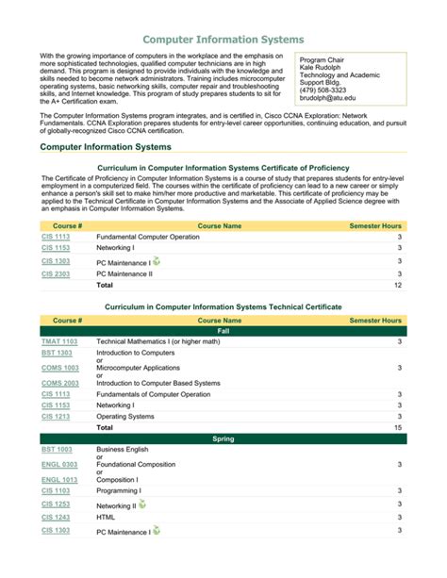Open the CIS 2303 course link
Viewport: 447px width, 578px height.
56,273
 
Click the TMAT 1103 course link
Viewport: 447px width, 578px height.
59,341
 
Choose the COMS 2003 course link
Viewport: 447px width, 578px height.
60,384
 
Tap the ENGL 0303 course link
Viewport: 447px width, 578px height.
59,464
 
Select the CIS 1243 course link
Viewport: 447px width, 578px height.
56,517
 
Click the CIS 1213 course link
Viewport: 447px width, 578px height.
56,416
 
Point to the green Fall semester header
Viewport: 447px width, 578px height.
223,331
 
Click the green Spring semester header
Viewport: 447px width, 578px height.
223,439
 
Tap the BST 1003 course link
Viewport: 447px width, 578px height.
56,450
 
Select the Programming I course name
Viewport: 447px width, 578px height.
119,490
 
